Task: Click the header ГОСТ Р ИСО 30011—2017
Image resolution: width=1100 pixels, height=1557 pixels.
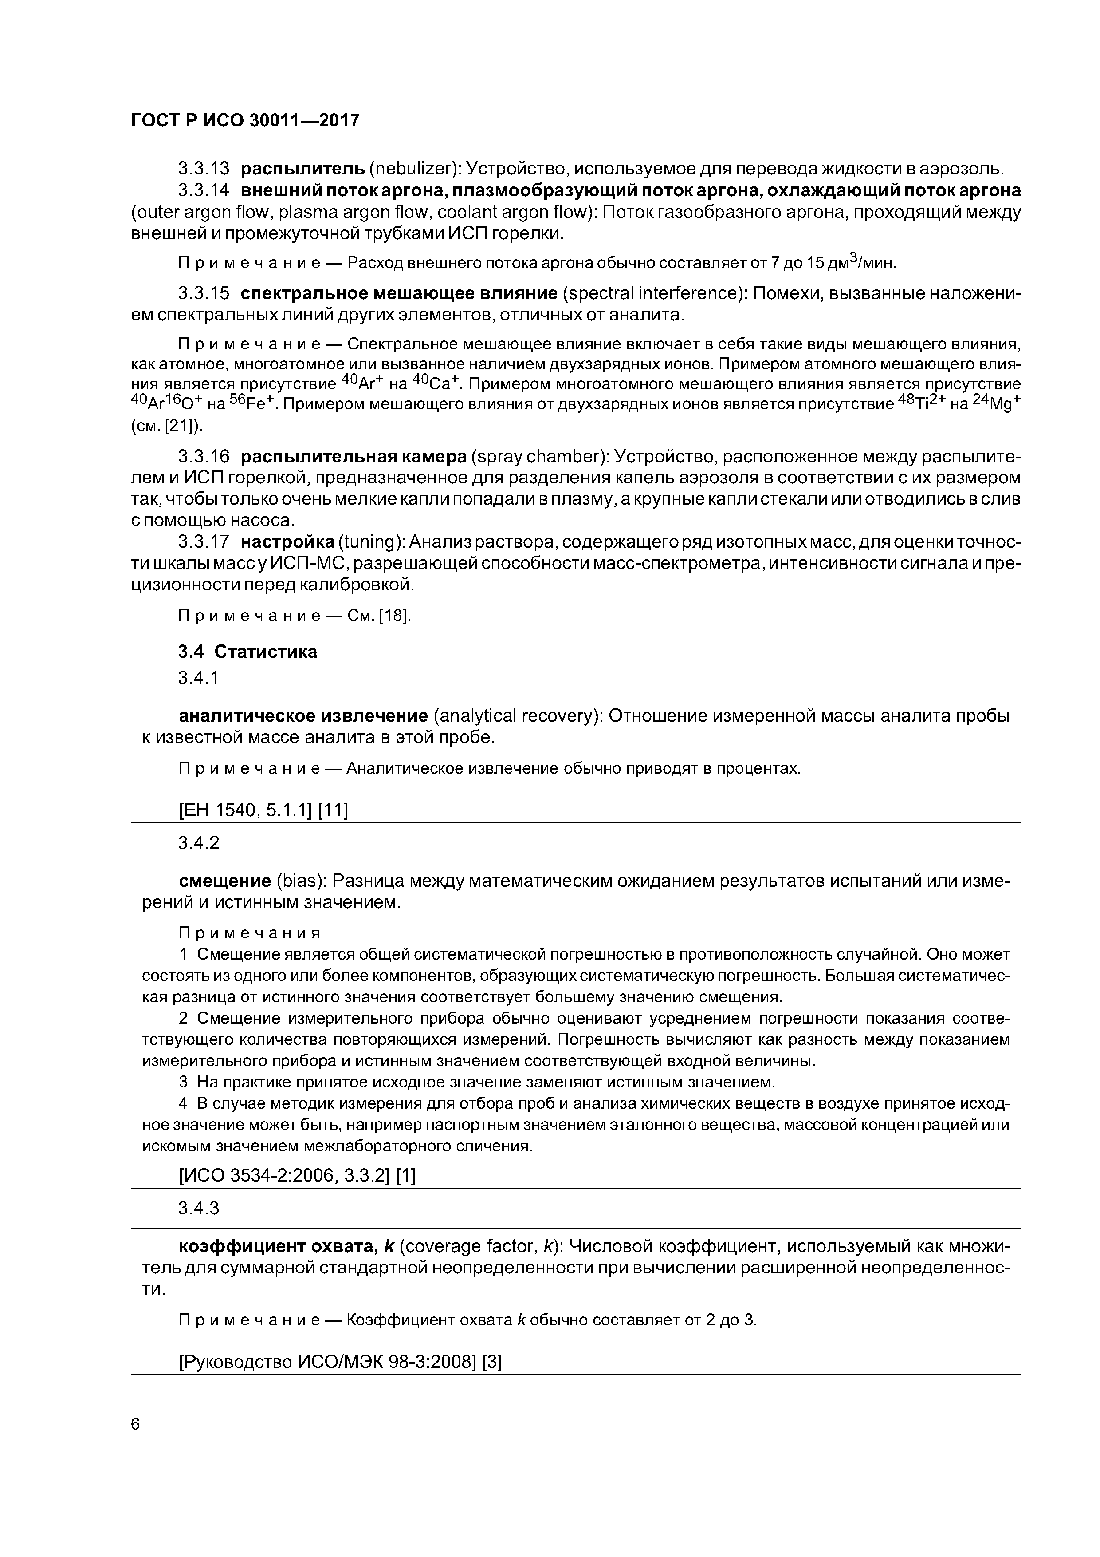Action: [245, 121]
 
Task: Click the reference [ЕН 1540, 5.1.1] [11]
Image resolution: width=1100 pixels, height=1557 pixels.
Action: [263, 810]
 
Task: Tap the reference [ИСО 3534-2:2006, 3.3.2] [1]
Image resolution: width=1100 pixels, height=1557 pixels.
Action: [297, 1176]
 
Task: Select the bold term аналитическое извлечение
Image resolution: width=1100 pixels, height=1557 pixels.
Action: [303, 716]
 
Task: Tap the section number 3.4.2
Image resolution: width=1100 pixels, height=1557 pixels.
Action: [199, 843]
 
